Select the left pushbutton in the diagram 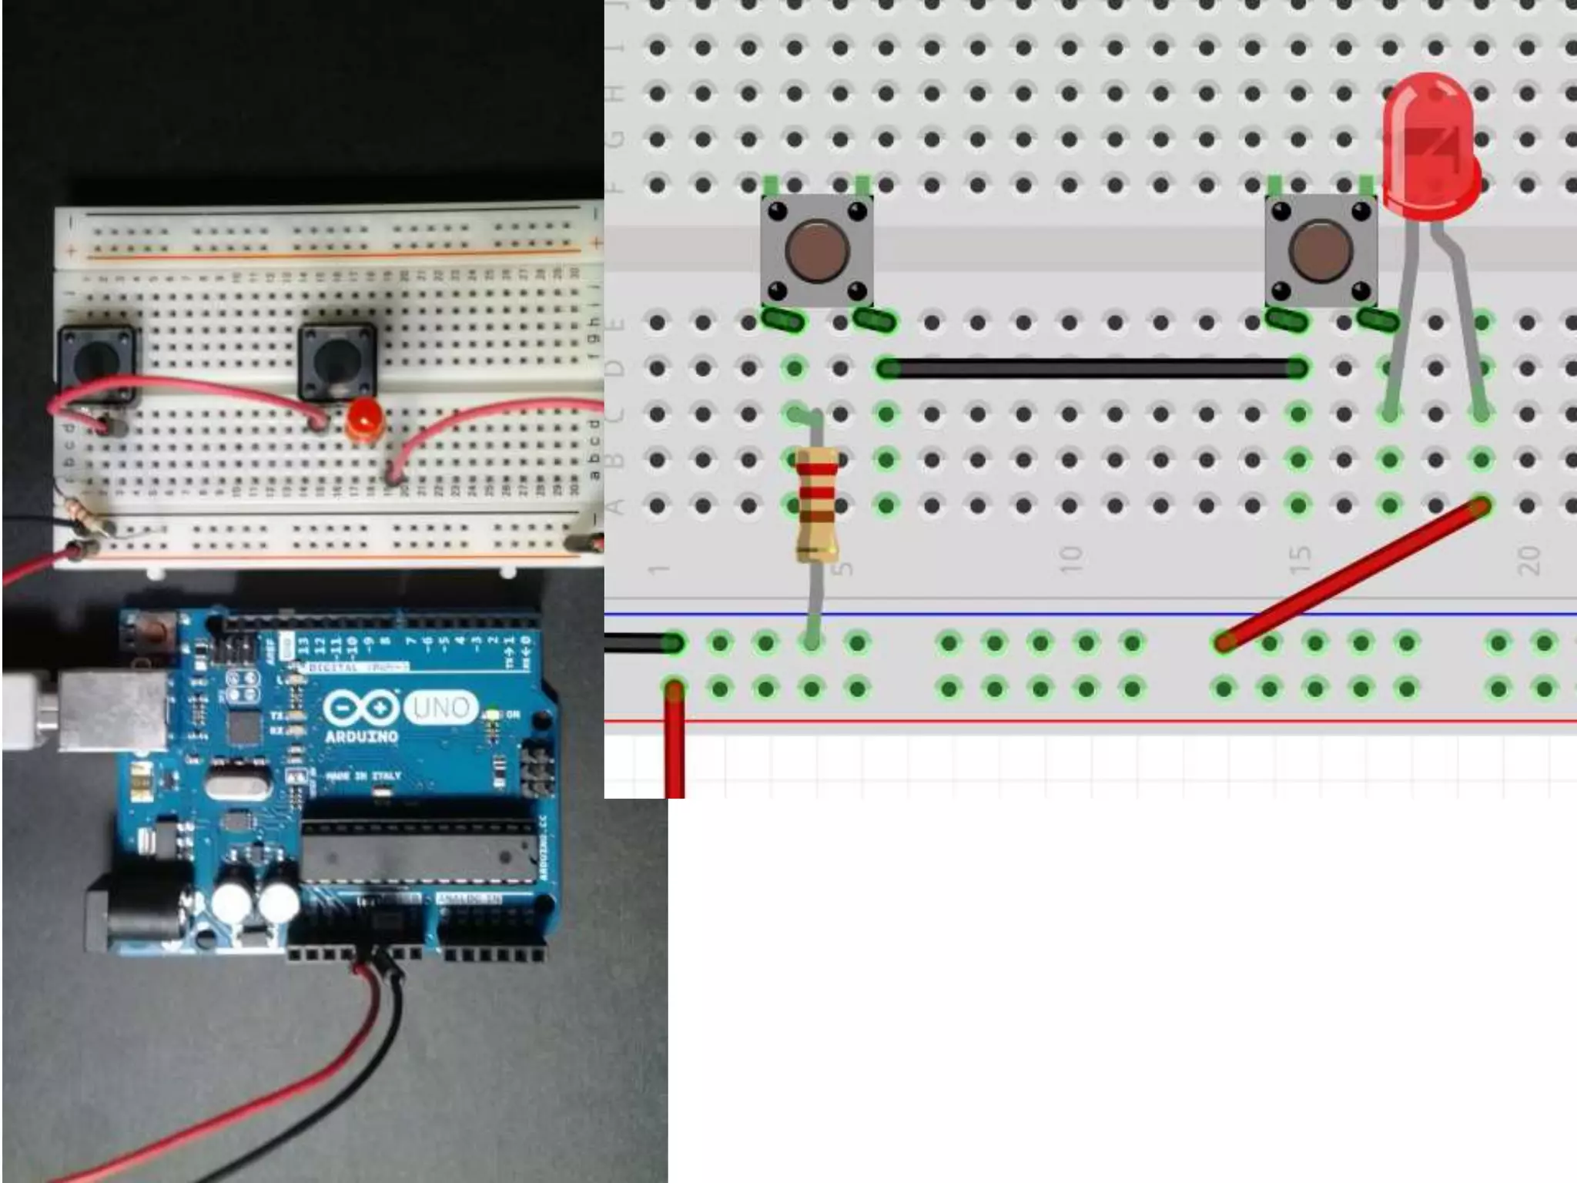(816, 251)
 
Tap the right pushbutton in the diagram (1321, 251)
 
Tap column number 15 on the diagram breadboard (1301, 559)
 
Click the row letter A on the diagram (614, 506)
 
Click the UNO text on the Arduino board (440, 707)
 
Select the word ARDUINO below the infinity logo (361, 736)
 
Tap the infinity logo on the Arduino (361, 707)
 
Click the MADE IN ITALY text (363, 776)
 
